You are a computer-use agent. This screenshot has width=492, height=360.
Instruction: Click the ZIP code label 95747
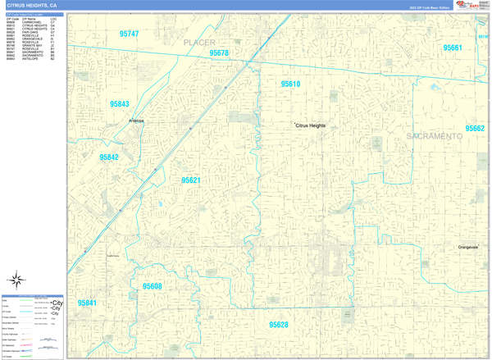(x=130, y=34)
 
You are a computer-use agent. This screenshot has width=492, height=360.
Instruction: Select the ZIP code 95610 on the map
(x=290, y=84)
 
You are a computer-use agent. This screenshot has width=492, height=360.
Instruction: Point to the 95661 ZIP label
(x=453, y=48)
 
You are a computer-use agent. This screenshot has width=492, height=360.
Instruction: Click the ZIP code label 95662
(x=475, y=129)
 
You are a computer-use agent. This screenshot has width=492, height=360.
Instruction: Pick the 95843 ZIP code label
(x=120, y=104)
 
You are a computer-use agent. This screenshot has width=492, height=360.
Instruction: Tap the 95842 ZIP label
(x=109, y=157)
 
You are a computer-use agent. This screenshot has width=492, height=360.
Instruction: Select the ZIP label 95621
(x=191, y=180)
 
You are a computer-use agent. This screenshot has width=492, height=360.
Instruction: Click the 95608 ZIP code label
(x=153, y=286)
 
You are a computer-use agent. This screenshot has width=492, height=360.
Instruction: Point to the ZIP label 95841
(x=87, y=303)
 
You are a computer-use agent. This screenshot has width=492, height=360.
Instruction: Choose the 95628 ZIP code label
(x=279, y=325)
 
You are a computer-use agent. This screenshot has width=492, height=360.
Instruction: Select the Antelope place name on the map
(x=136, y=121)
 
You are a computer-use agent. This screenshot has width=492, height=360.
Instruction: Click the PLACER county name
(x=199, y=42)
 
